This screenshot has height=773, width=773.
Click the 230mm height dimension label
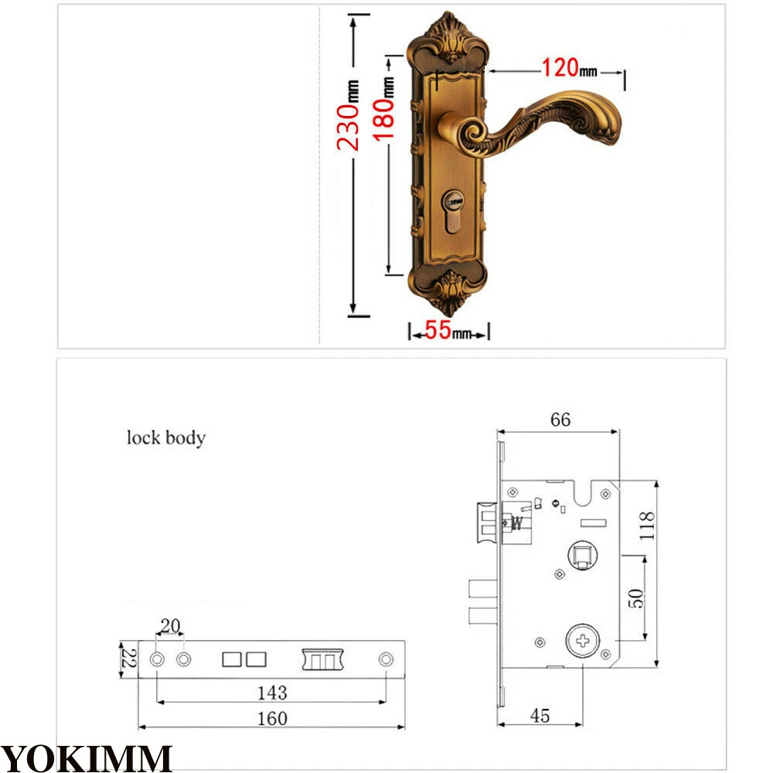[x=349, y=115]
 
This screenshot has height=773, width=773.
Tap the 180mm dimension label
[x=383, y=109]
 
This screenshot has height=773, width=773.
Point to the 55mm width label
[x=448, y=330]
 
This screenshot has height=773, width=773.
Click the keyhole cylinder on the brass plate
[x=452, y=212]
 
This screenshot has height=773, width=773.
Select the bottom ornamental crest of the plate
[x=448, y=292]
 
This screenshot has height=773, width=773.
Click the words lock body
[x=166, y=438]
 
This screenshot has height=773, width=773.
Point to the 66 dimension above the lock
[x=560, y=420]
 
